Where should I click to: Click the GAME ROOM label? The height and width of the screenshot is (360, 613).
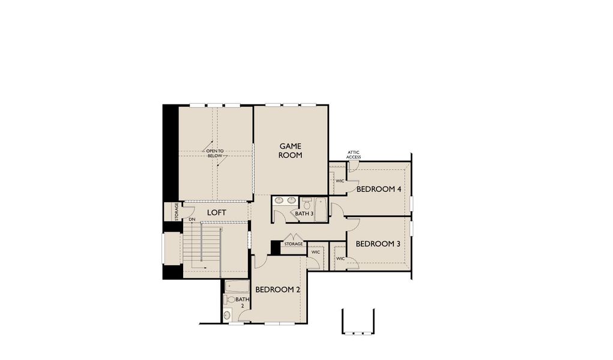(x=290, y=150)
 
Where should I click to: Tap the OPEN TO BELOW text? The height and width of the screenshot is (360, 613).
(x=214, y=154)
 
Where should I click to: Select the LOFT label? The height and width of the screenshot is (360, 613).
(x=216, y=212)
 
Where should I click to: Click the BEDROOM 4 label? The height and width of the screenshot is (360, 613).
(x=378, y=189)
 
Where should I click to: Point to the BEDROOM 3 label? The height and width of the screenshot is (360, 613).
(x=378, y=244)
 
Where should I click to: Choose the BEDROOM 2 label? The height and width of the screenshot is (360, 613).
(x=277, y=289)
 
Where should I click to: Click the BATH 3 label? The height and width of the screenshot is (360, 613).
(x=304, y=214)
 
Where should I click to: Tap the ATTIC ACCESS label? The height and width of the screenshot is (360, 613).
(x=354, y=155)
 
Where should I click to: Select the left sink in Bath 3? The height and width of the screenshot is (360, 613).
(x=279, y=200)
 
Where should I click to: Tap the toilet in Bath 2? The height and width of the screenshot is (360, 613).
(x=229, y=299)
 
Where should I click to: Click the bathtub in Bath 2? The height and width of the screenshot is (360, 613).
(x=236, y=286)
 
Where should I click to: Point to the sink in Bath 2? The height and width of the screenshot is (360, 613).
(x=227, y=314)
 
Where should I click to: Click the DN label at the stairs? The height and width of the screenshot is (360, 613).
(x=192, y=220)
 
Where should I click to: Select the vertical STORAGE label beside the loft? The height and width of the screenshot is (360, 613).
(x=176, y=211)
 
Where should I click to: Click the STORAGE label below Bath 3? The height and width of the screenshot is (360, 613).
(x=294, y=244)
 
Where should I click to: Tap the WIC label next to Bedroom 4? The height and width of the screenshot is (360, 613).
(x=340, y=181)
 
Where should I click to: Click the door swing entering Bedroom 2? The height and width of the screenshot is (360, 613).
(x=261, y=262)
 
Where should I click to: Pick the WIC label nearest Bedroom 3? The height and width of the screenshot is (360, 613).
(x=340, y=259)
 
